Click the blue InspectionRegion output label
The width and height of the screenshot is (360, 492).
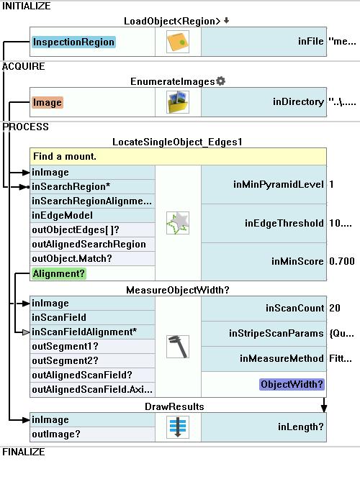[x=73, y=42]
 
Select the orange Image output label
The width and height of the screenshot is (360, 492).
[x=47, y=103]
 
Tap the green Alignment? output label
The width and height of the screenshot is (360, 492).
[x=59, y=273]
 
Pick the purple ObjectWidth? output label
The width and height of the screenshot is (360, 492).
[x=292, y=384]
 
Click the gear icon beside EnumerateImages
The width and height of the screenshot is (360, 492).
[x=221, y=81]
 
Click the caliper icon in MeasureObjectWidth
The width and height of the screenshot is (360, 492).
[x=178, y=347]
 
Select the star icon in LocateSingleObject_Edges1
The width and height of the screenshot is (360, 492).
[x=178, y=223]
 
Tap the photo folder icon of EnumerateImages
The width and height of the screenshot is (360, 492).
[x=178, y=102]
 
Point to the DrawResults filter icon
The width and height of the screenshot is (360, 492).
[x=178, y=427]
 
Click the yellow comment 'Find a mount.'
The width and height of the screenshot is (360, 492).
[x=178, y=156]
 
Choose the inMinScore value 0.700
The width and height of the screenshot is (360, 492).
[x=342, y=261]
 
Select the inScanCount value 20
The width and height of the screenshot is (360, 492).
[x=335, y=308]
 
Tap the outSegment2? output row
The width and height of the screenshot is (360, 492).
[x=92, y=361]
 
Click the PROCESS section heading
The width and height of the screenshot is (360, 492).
[x=25, y=127]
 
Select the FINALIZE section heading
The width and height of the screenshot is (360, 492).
[x=24, y=452]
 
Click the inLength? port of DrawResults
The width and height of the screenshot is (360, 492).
[x=301, y=427]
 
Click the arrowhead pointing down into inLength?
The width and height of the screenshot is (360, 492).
[x=324, y=409]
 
